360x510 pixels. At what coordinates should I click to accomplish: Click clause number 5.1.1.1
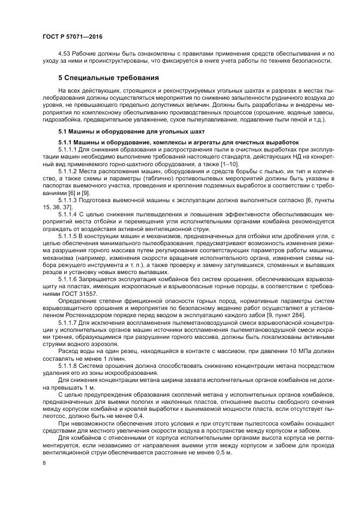(69, 149)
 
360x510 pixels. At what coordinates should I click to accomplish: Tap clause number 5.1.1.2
(69, 171)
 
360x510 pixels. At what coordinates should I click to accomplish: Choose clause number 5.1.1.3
(69, 199)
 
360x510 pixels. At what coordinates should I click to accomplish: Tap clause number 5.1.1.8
(69, 362)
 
